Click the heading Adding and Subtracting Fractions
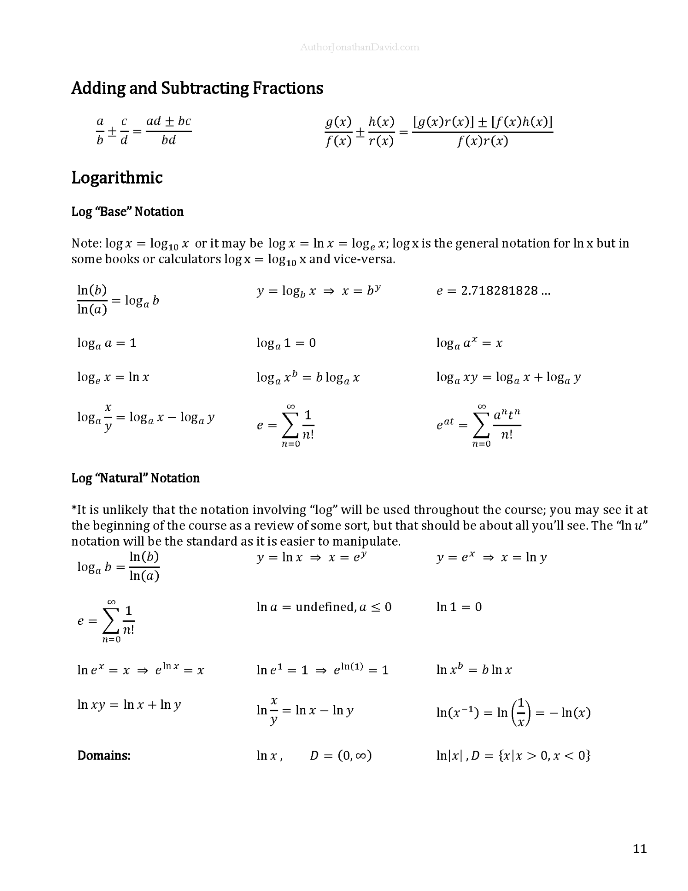click(x=197, y=88)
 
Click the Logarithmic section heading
click(x=117, y=178)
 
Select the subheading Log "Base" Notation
click(x=127, y=211)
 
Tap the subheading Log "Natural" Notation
click(x=135, y=478)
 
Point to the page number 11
click(x=639, y=849)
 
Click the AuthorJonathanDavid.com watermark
click(x=359, y=47)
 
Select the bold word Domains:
click(x=104, y=755)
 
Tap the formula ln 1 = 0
click(x=459, y=607)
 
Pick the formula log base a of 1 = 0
click(x=286, y=343)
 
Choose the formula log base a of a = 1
click(x=107, y=343)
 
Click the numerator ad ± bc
click(x=169, y=121)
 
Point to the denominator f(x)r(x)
click(x=482, y=141)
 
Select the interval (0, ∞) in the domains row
click(x=354, y=755)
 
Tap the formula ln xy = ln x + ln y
click(x=129, y=704)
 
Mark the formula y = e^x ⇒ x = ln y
click(x=491, y=557)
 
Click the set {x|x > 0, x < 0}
click(x=544, y=755)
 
